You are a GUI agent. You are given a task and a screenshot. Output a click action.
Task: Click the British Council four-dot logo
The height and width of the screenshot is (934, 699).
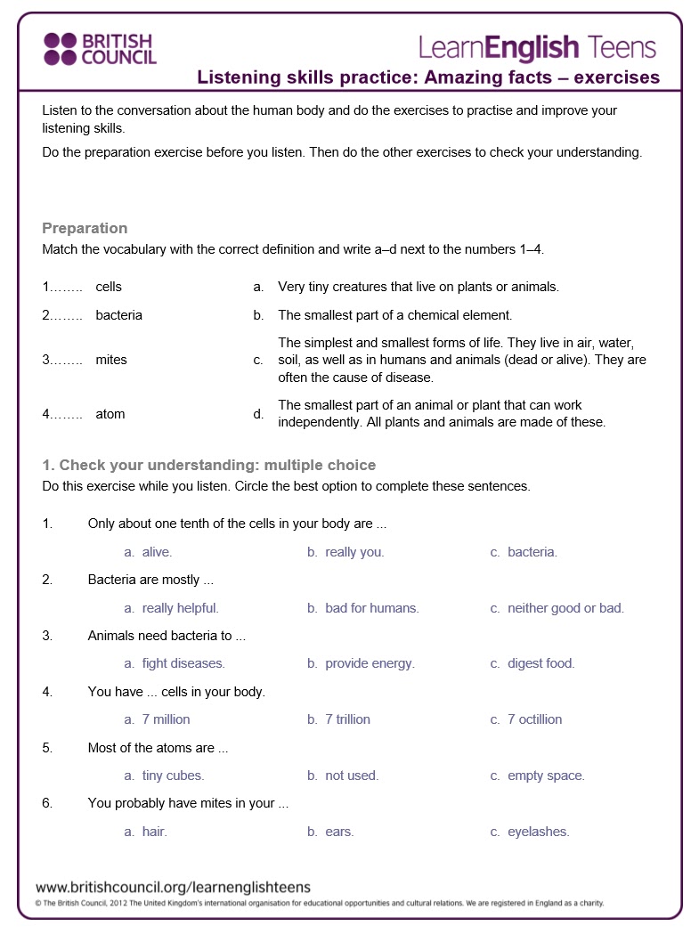click(x=61, y=49)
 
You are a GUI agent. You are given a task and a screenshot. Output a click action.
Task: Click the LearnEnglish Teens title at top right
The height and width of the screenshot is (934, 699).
click(x=537, y=47)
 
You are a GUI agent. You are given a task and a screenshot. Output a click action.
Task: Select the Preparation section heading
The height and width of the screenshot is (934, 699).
click(x=85, y=228)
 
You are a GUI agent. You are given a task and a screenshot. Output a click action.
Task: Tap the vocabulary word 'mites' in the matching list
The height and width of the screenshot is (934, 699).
click(x=111, y=360)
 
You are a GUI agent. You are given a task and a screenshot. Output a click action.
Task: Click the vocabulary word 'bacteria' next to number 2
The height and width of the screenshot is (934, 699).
click(x=118, y=315)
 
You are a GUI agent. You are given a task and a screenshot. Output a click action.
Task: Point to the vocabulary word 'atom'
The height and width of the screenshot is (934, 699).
click(x=110, y=414)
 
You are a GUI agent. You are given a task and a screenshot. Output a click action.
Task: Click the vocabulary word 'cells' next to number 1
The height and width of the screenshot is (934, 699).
click(x=109, y=287)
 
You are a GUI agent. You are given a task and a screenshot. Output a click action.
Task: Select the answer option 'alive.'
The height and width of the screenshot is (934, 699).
click(x=157, y=552)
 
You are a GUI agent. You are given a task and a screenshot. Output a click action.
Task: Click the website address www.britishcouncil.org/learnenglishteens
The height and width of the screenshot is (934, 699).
click(x=173, y=887)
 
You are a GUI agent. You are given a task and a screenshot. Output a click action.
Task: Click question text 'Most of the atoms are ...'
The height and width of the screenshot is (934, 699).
click(x=158, y=748)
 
